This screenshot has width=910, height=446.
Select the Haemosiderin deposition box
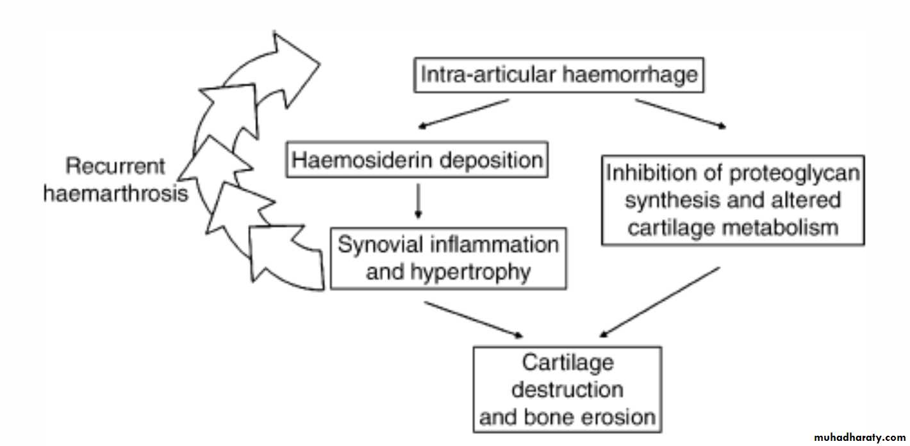pos(417,160)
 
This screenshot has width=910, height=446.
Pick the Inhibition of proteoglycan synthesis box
pos(732,200)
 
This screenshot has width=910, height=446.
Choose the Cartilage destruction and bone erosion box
pos(567,390)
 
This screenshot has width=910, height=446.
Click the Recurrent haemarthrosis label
pos(116,180)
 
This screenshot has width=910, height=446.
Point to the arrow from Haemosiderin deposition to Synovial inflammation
pos(418,201)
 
